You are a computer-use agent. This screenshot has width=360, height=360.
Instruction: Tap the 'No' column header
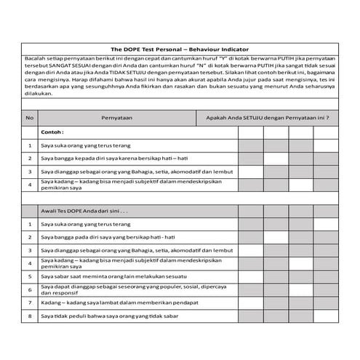tap(29, 116)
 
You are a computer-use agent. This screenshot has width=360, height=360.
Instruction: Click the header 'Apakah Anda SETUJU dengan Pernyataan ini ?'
tap(267, 116)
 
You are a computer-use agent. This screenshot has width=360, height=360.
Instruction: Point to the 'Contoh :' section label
tap(52, 133)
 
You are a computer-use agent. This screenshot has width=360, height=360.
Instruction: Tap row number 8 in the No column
tap(29, 316)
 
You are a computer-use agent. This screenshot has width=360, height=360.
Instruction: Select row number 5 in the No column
tap(29, 276)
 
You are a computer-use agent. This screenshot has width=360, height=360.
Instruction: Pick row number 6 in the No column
tap(29, 289)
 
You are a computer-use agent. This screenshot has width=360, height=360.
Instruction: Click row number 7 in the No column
tap(29, 303)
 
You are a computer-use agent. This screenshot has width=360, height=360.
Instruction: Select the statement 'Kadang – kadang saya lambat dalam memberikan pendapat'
tap(109, 303)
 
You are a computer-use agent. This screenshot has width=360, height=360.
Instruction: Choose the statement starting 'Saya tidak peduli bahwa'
tap(109, 316)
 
